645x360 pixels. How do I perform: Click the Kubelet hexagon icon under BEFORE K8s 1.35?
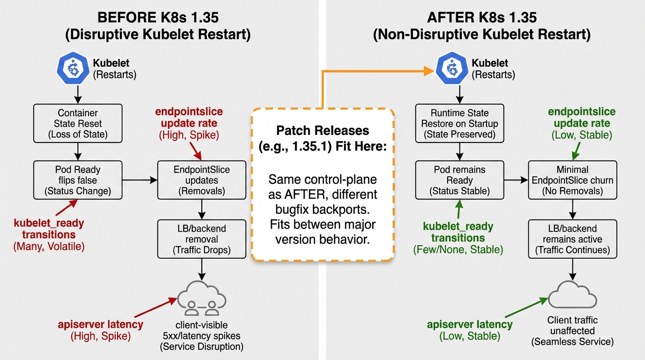(x=73, y=68)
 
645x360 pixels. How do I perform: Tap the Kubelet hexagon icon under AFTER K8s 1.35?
(x=452, y=68)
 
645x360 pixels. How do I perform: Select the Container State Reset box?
(x=78, y=124)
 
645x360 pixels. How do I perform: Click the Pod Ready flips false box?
(x=78, y=180)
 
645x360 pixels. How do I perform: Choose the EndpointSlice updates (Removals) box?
(x=202, y=180)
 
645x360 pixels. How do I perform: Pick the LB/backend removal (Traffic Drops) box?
(x=202, y=239)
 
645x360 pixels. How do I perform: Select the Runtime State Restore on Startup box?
(x=460, y=124)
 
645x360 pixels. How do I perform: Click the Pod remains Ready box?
(x=460, y=180)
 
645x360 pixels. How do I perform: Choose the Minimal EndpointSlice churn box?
(x=572, y=180)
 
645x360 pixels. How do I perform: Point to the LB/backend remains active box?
(x=572, y=239)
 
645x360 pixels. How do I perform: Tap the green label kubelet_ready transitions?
(x=458, y=232)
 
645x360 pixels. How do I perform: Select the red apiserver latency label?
(x=101, y=324)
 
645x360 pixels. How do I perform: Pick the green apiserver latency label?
(x=470, y=324)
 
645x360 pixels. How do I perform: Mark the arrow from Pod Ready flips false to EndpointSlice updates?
(x=139, y=180)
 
